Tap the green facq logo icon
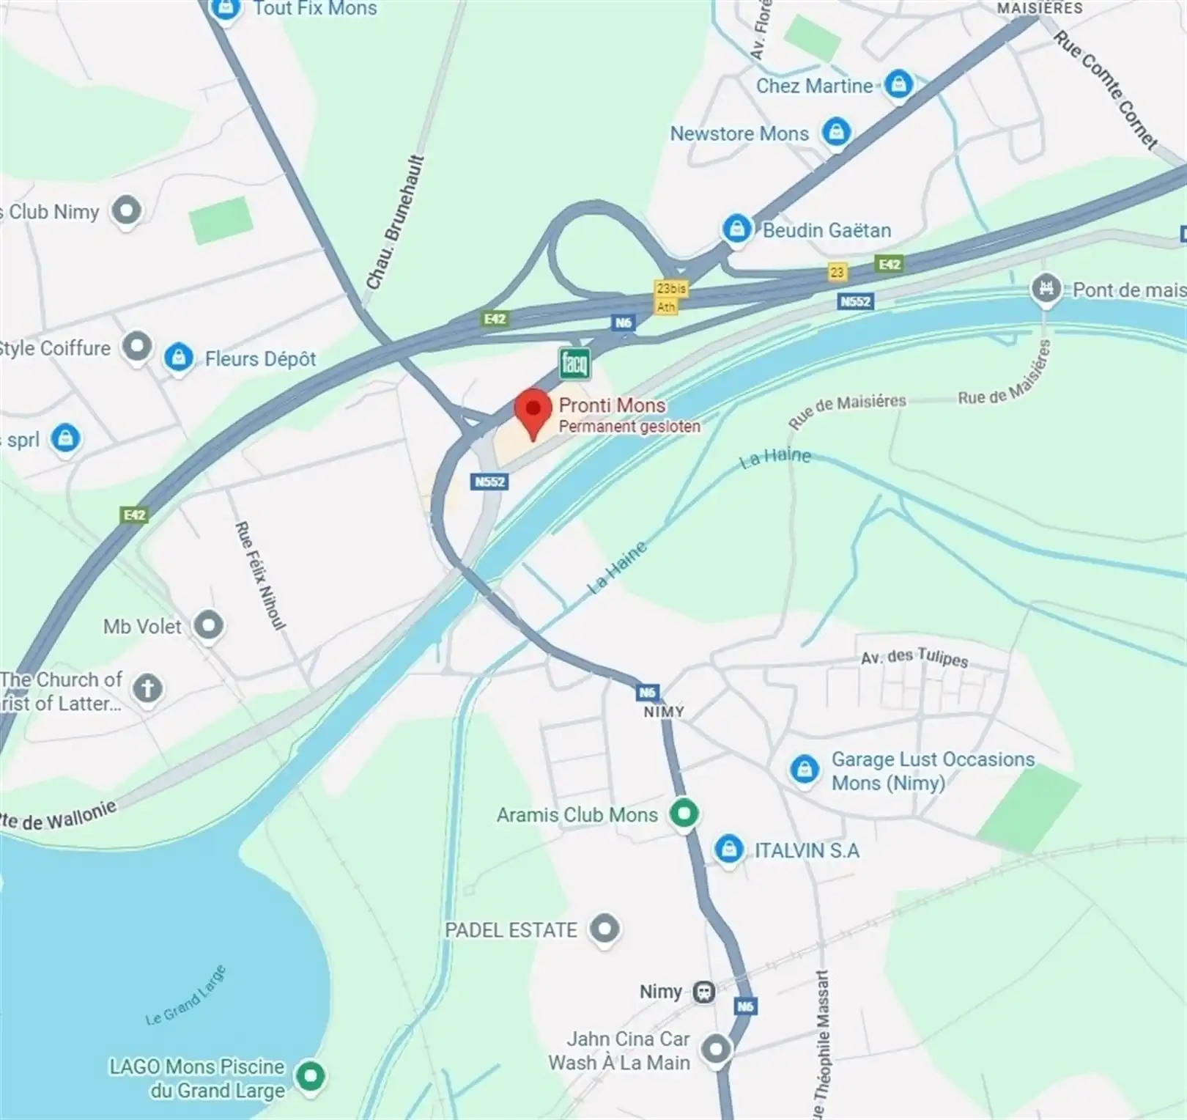(574, 362)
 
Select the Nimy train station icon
(704, 992)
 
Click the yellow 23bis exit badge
(670, 289)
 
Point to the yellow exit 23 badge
(837, 272)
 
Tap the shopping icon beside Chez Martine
(898, 84)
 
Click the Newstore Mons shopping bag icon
(835, 132)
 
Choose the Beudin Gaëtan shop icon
(736, 229)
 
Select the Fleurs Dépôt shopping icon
(178, 358)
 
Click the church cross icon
(147, 688)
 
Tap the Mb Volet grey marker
(209, 626)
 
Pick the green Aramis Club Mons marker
(684, 814)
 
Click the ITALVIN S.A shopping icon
(728, 850)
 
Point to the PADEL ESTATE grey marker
(604, 929)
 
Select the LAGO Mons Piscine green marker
(310, 1076)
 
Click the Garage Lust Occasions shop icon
(804, 770)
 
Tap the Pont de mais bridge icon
(1046, 288)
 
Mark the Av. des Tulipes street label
(914, 657)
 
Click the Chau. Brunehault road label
(395, 221)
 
